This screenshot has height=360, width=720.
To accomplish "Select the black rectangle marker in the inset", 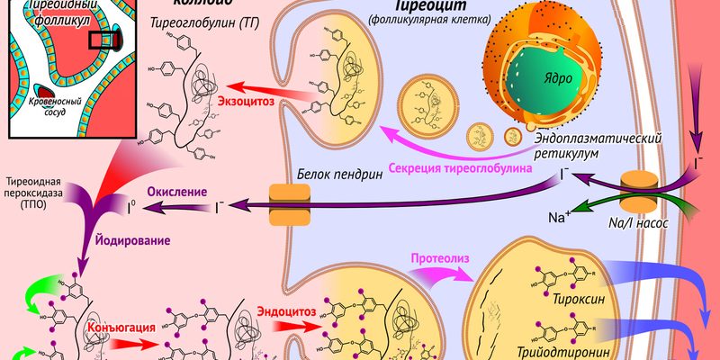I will [101, 39].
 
